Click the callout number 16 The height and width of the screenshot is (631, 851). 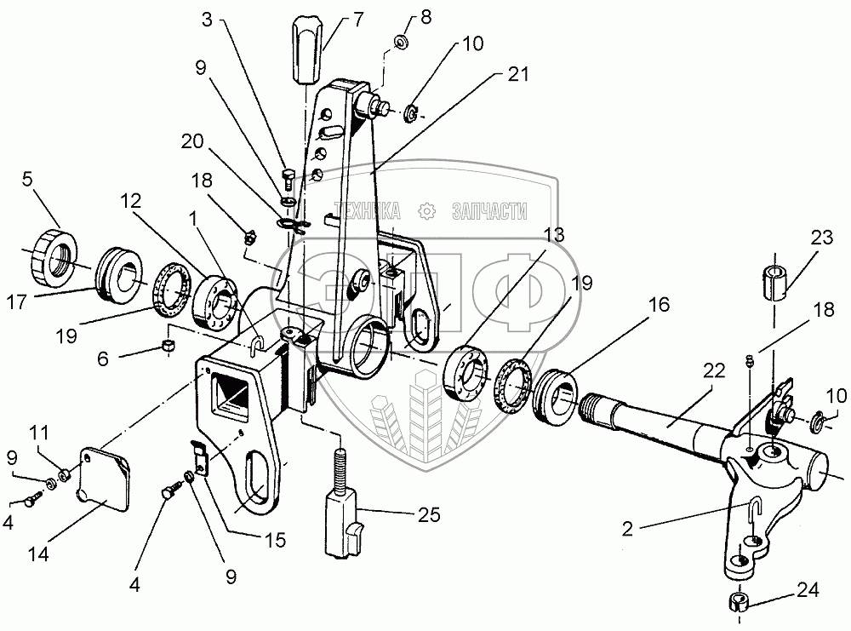tap(661, 303)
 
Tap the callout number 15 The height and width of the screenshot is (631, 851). tap(275, 540)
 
